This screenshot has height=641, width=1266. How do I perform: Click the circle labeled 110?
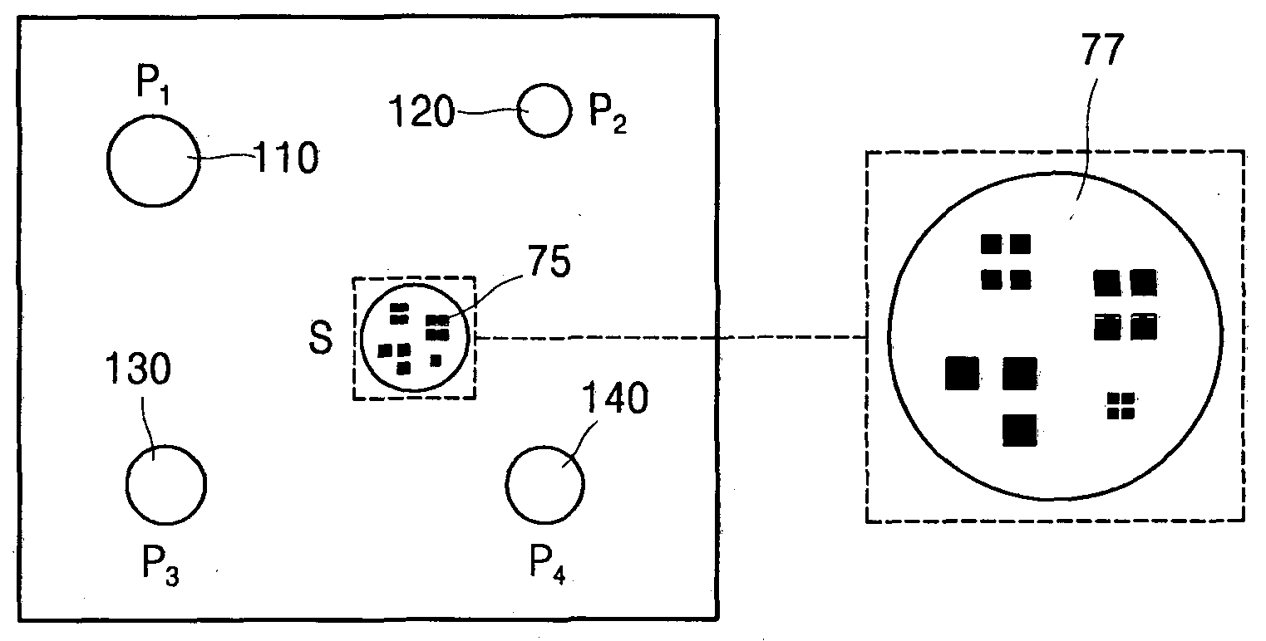pos(107,161)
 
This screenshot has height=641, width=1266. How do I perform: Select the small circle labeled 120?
pos(517,110)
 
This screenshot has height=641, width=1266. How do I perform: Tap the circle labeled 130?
pos(126,485)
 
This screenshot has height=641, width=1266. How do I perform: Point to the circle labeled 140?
pos(506,485)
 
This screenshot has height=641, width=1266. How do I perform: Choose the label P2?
pos(608,114)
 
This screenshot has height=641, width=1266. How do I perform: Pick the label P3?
pos(160,566)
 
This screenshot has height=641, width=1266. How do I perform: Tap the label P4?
pos(547,564)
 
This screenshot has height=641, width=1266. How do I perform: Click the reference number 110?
pos(286,157)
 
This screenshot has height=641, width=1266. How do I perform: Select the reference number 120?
pos(422,111)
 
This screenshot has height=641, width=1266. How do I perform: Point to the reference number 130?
pos(138,369)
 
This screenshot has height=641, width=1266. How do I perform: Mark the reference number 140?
pos(615,398)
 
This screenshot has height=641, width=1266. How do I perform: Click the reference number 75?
pos(549,261)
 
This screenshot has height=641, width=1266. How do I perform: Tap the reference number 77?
pos(1103,50)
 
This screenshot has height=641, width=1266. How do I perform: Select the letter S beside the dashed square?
pos(321,338)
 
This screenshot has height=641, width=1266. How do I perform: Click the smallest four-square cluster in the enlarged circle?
pos(1121,406)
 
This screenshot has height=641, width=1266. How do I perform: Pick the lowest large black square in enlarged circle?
pos(1020,430)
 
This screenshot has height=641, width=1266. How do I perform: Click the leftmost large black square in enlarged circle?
pos(962,374)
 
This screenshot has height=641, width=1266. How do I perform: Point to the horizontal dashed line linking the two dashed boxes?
pos(672,338)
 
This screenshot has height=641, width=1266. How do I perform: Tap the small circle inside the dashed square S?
pos(361,338)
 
